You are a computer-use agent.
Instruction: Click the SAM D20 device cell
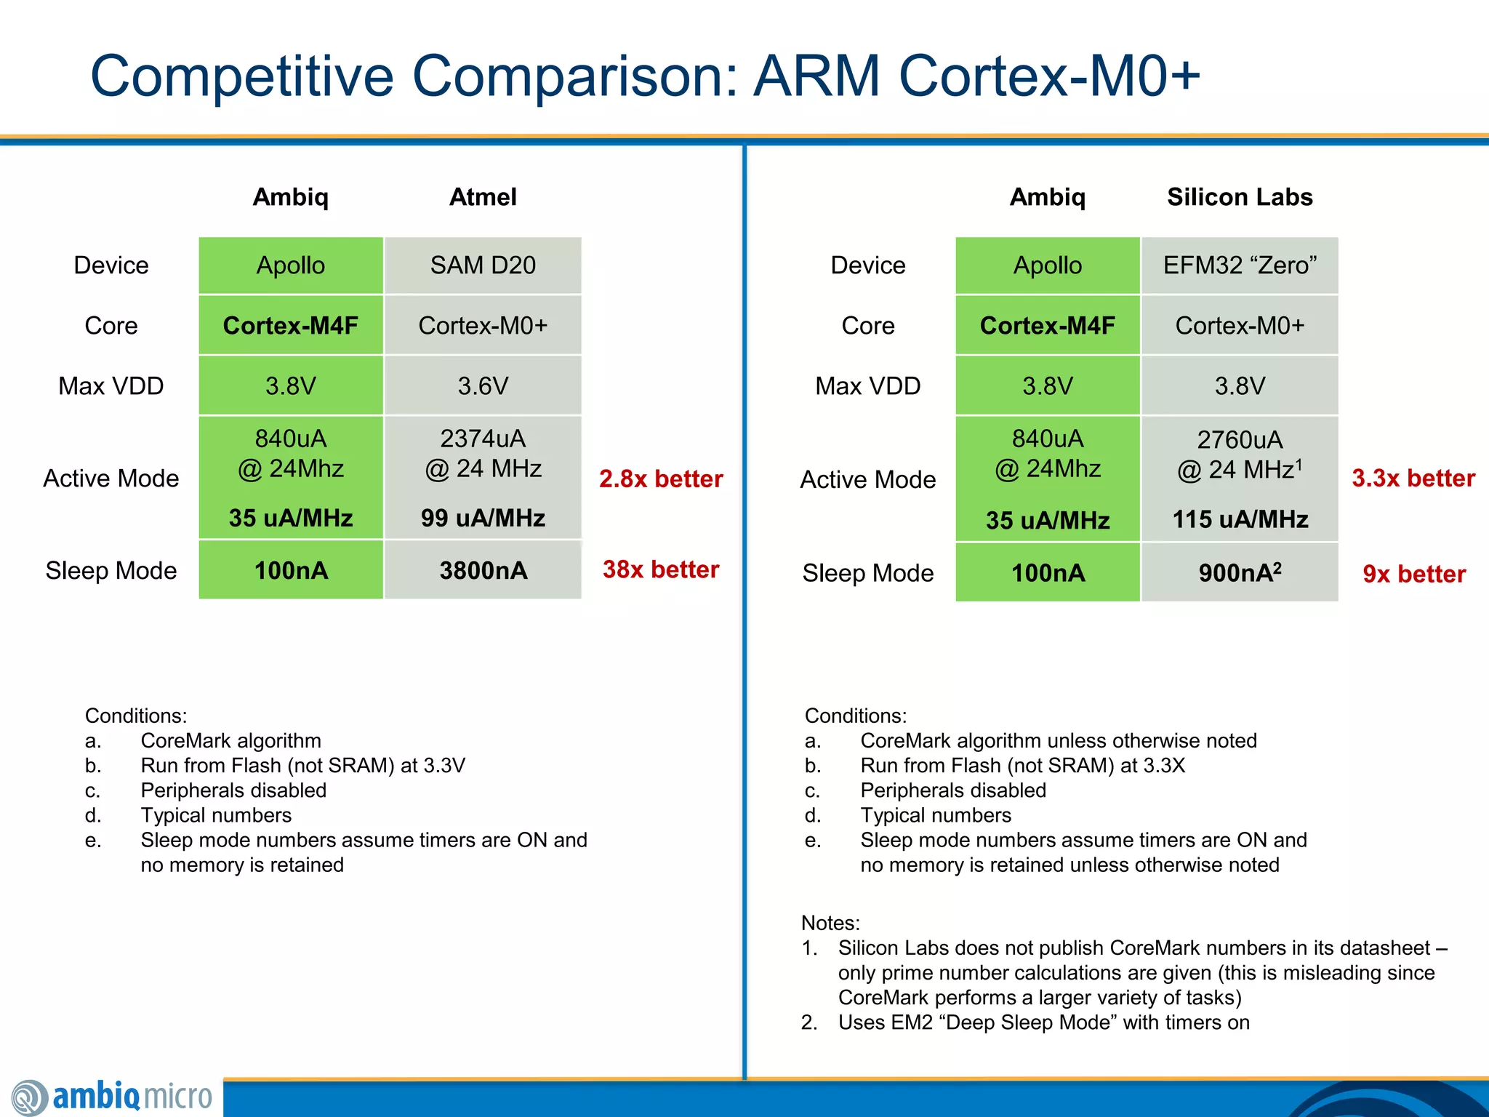pyautogui.click(x=483, y=265)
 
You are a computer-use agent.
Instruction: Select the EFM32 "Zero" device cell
pyautogui.click(x=1240, y=265)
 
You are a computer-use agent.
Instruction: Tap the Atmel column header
pyautogui.click(x=483, y=197)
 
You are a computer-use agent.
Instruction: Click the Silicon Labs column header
pyautogui.click(x=1240, y=197)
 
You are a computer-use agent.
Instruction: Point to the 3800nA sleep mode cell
pyautogui.click(x=483, y=570)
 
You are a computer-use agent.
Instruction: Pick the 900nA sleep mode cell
pyautogui.click(x=1240, y=573)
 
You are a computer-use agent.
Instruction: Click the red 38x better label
pyautogui.click(x=661, y=569)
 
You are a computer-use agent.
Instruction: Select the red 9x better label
pyautogui.click(x=1414, y=574)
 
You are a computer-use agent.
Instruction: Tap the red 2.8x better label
pyautogui.click(x=661, y=479)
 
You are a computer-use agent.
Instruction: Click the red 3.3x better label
pyautogui.click(x=1413, y=478)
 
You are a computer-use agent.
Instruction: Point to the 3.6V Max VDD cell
pyautogui.click(x=483, y=386)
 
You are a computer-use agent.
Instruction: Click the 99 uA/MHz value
pyautogui.click(x=483, y=518)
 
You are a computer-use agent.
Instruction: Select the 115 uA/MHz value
pyautogui.click(x=1240, y=519)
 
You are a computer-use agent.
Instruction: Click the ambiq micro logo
pyautogui.click(x=113, y=1097)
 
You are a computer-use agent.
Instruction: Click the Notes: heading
pyautogui.click(x=830, y=923)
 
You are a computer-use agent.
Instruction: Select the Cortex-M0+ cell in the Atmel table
pyautogui.click(x=483, y=326)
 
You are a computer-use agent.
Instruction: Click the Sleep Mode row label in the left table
pyautogui.click(x=111, y=571)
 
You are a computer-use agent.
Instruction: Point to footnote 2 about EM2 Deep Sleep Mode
pyautogui.click(x=1043, y=1022)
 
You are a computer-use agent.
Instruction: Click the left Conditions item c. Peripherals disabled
pyautogui.click(x=233, y=790)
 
